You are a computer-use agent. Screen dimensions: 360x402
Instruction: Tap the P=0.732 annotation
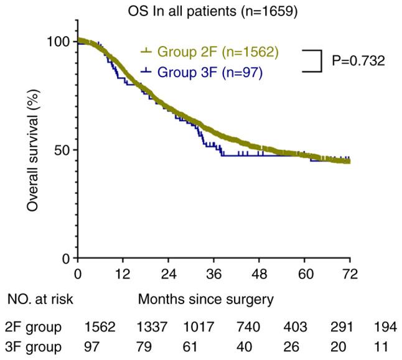click(359, 61)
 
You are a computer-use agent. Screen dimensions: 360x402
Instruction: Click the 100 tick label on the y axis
click(59, 42)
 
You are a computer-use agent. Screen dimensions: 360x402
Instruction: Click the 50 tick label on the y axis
click(63, 150)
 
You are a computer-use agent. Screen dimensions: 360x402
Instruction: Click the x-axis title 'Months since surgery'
click(206, 300)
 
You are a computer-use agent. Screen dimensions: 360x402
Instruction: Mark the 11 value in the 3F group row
click(381, 346)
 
